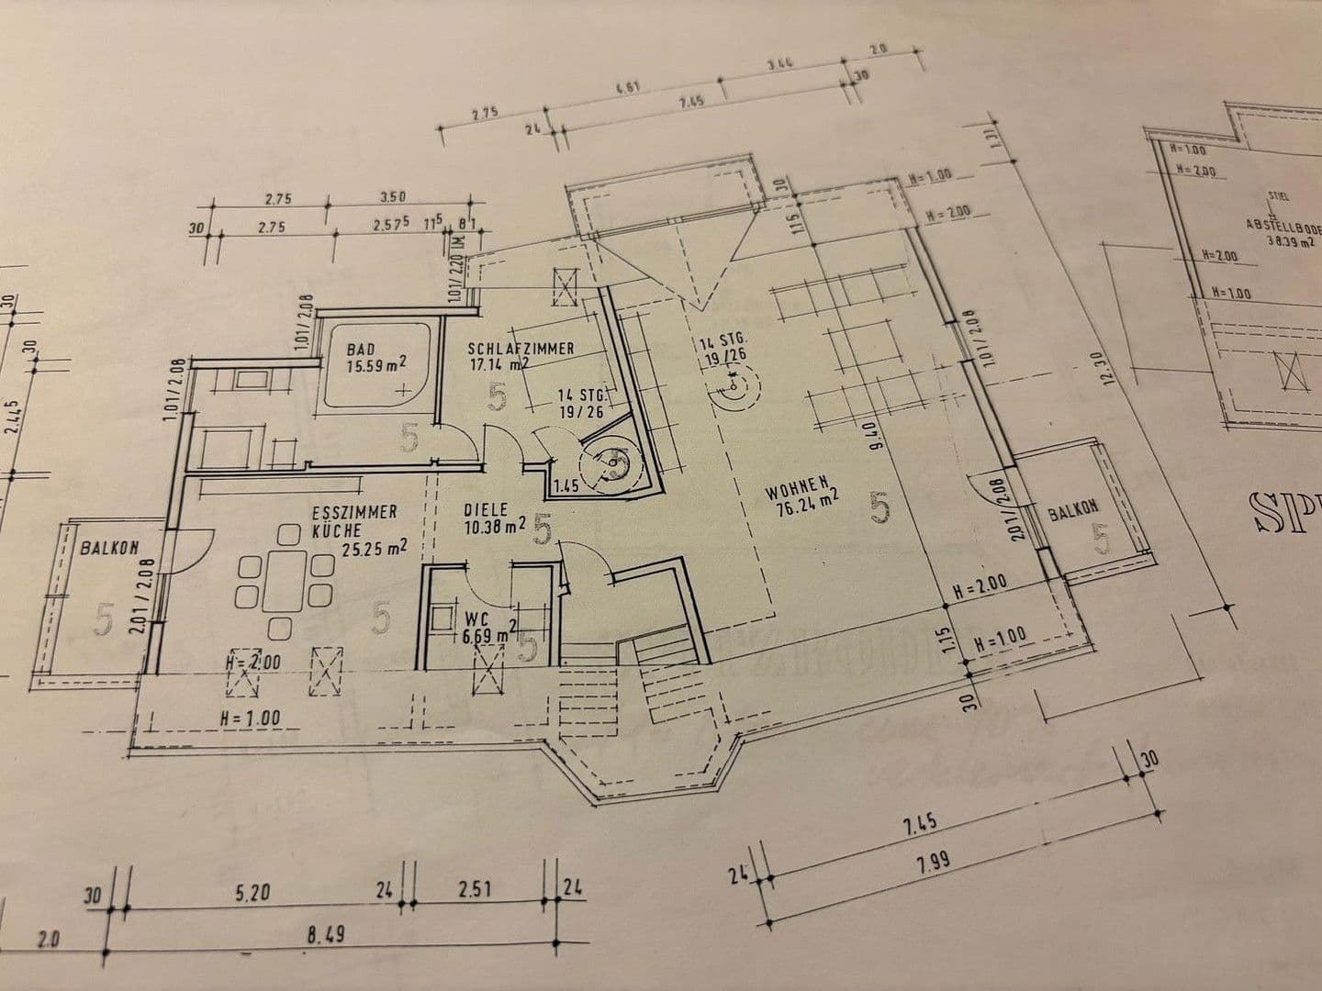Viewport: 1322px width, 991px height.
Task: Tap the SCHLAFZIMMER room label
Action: tap(521, 349)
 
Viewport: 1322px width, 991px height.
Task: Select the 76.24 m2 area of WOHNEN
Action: tap(802, 501)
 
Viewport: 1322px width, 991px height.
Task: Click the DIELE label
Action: tap(485, 508)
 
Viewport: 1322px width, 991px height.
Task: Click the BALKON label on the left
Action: tap(109, 549)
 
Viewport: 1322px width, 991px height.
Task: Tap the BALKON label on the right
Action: tap(1073, 509)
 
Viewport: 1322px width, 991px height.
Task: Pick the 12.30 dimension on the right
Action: tap(1113, 370)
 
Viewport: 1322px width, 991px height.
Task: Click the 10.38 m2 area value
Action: tap(495, 526)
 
